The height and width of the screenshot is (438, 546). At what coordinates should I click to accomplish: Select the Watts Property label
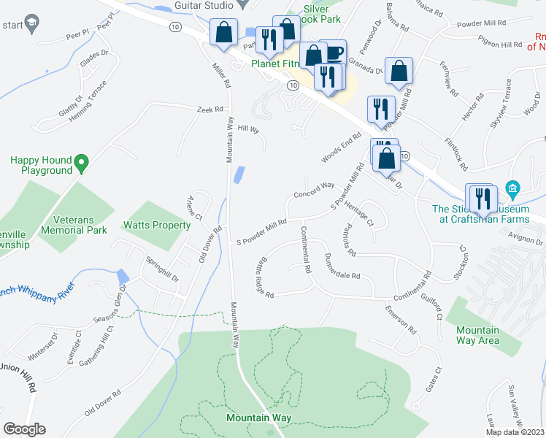156,226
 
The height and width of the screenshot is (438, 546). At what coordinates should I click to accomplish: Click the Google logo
24,429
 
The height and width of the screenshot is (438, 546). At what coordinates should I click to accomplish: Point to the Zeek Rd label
209,109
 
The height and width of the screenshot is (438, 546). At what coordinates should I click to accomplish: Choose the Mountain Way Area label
477,335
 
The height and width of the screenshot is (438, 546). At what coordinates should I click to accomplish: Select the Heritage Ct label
359,212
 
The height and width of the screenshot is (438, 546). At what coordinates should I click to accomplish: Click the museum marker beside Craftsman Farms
512,190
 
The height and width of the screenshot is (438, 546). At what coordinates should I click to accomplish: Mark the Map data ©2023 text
514,431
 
